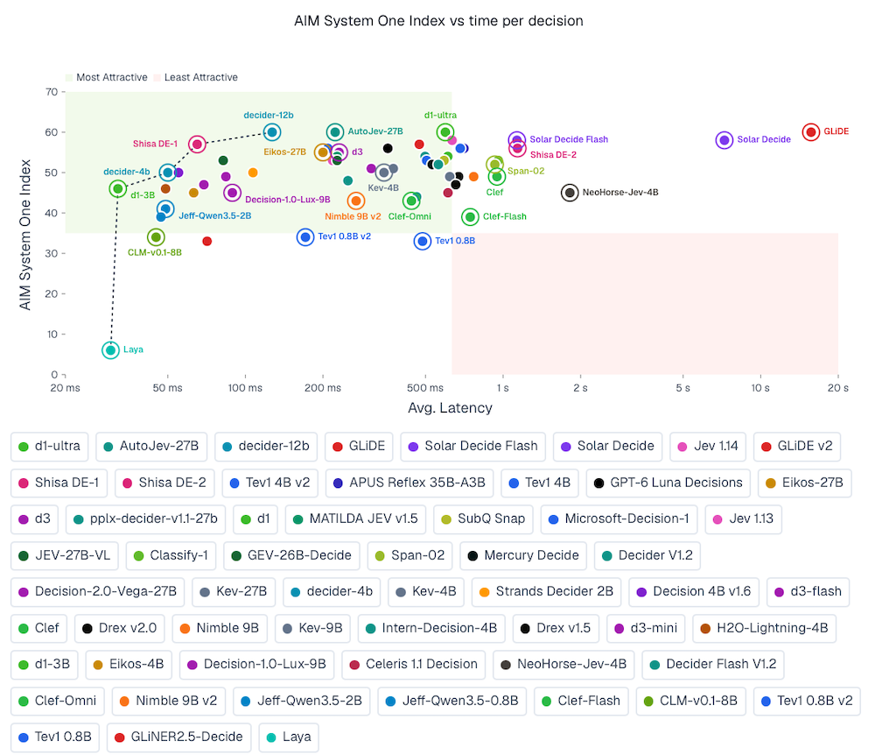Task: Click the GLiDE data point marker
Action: (x=811, y=131)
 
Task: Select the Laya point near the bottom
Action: (x=110, y=350)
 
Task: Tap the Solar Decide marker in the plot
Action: (x=724, y=139)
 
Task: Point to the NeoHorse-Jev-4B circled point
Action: (x=570, y=193)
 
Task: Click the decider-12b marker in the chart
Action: (x=272, y=132)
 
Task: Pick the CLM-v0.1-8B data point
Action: (x=156, y=237)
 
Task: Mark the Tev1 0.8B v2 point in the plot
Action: (x=305, y=237)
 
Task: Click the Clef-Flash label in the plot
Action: (x=505, y=216)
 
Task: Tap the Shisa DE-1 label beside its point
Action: (x=155, y=144)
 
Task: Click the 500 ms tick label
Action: (x=425, y=387)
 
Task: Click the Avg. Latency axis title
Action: (x=450, y=408)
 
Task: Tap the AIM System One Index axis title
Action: (x=25, y=235)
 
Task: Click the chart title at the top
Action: (x=438, y=21)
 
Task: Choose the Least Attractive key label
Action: (x=201, y=77)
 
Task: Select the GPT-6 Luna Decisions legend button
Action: (x=668, y=483)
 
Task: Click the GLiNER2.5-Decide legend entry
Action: (x=178, y=737)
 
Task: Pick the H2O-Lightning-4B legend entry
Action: (x=764, y=628)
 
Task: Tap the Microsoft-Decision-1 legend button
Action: (x=619, y=519)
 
